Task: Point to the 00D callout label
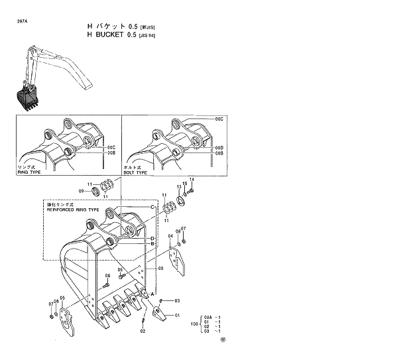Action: pos(219,147)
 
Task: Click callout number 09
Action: pos(82,191)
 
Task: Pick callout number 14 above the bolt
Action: pos(192,180)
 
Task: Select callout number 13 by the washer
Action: pos(178,188)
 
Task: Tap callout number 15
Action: pos(185,184)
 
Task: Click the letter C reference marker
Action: pos(152,208)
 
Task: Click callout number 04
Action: pos(170,236)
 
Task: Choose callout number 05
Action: pos(62,298)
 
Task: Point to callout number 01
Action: pos(177,316)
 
